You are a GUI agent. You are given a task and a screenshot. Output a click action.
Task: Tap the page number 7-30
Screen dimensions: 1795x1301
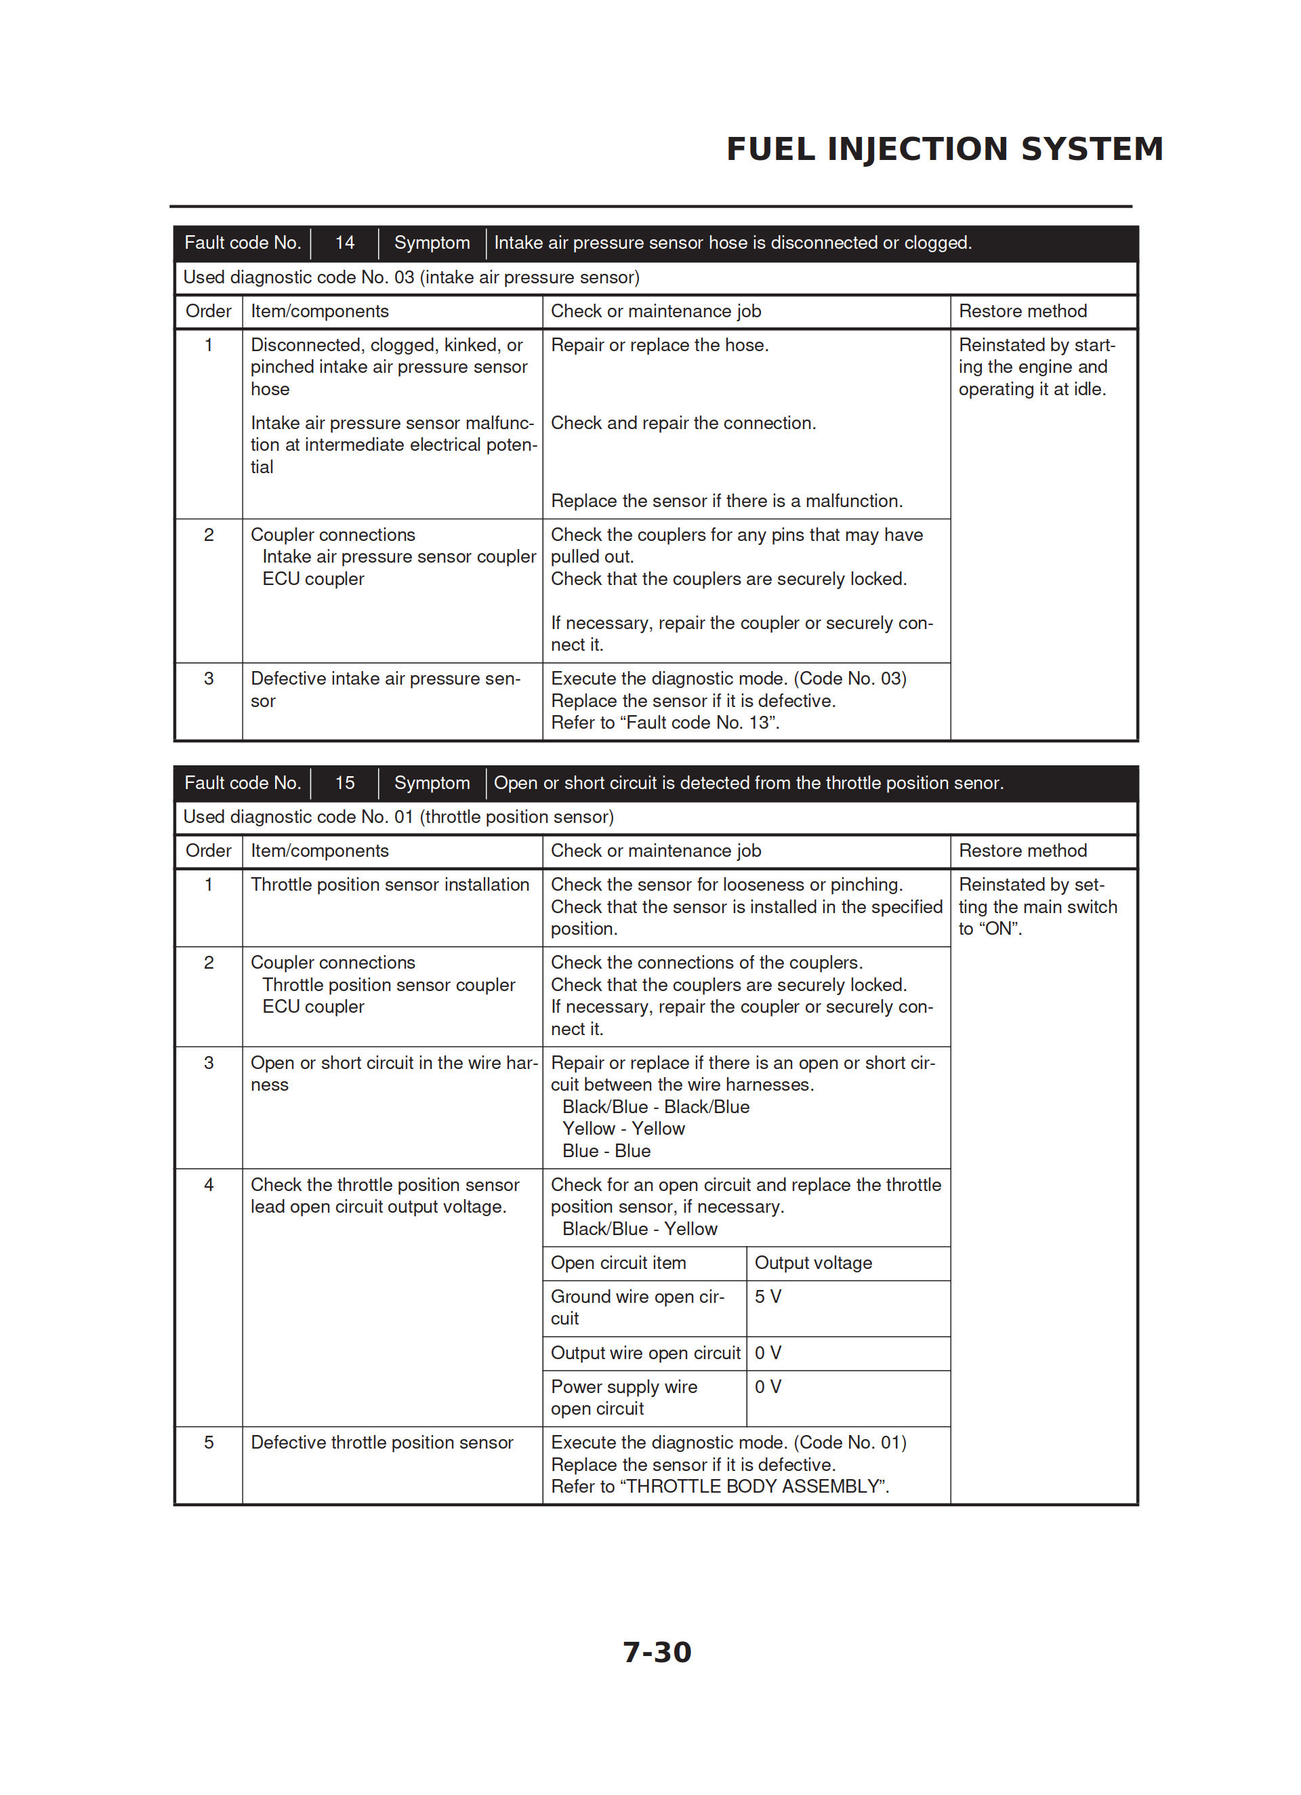tap(657, 1652)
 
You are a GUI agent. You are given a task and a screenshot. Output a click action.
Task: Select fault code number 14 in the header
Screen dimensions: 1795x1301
tap(344, 243)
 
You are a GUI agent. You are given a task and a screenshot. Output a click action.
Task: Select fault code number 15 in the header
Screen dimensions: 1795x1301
tap(344, 783)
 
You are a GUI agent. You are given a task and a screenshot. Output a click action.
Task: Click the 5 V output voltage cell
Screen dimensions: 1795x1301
tap(768, 1296)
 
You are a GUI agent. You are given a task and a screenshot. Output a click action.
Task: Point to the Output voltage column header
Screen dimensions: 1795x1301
tap(812, 1262)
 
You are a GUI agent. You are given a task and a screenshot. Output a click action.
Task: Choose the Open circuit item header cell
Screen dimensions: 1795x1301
tap(618, 1262)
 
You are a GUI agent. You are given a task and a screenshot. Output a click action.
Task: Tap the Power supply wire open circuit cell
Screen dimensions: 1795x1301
tap(623, 1398)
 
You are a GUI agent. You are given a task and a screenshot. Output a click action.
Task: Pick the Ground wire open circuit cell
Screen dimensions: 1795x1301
tap(637, 1308)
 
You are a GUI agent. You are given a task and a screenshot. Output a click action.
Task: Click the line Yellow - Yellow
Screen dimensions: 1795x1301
tap(623, 1129)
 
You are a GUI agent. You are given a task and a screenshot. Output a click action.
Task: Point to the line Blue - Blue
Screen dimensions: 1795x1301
tap(606, 1151)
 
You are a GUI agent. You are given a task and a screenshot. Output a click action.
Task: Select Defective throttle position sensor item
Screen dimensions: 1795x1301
tap(381, 1442)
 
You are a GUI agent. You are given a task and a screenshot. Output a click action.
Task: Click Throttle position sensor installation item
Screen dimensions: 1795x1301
tap(390, 884)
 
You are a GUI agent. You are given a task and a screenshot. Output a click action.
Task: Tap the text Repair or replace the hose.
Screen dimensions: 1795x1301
tap(659, 345)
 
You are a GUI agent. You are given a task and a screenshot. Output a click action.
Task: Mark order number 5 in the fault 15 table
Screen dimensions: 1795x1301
tap(209, 1442)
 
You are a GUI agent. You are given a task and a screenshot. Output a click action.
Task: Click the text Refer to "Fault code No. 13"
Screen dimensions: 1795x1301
tap(665, 723)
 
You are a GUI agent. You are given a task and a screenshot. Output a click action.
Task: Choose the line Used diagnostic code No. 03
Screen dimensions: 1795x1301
tap(411, 277)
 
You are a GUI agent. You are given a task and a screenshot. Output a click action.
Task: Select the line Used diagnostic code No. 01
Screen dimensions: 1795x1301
tap(398, 817)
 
